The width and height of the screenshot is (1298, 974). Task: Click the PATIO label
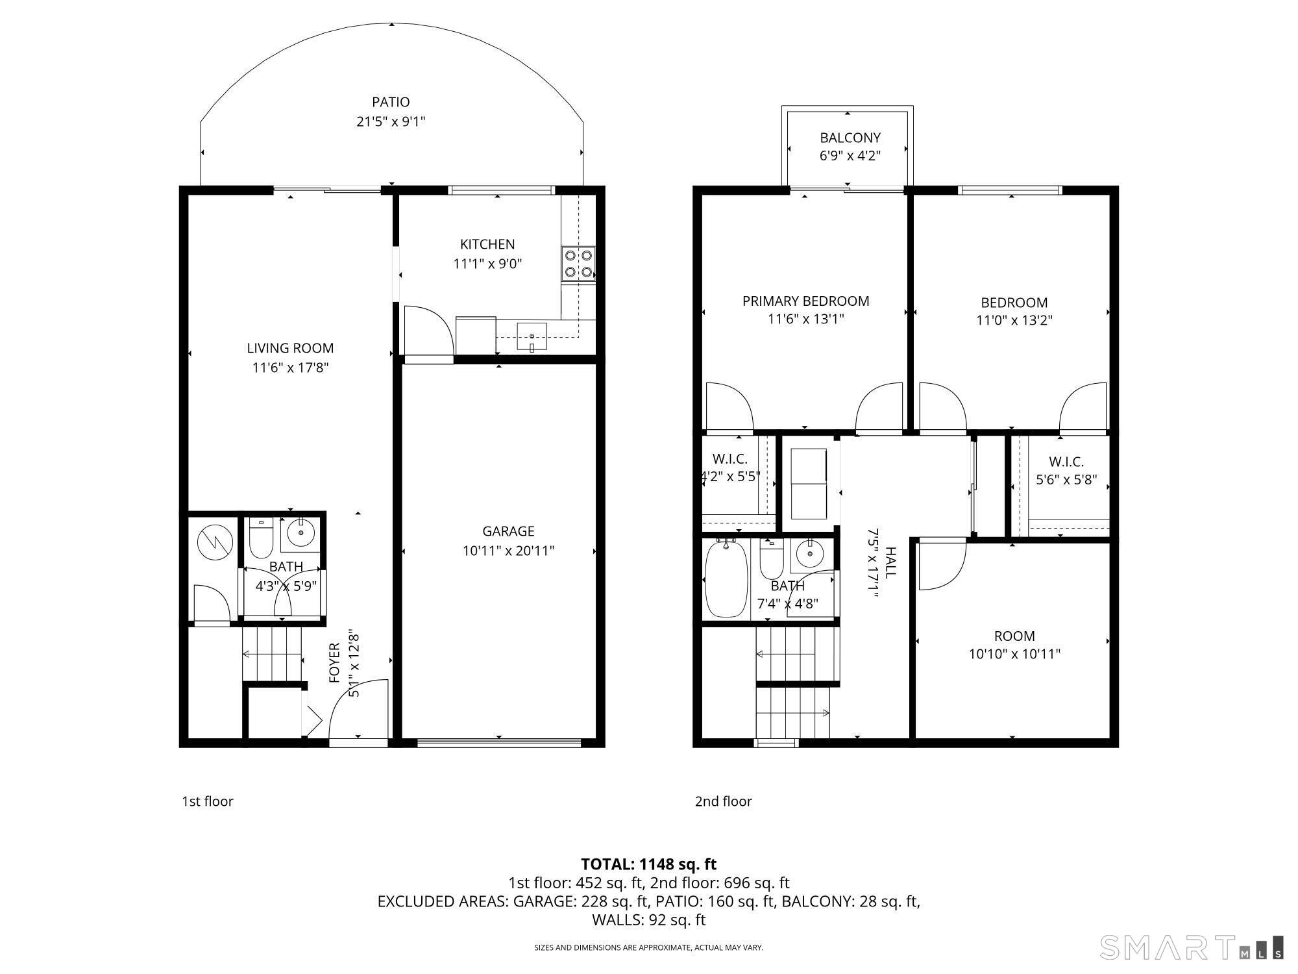pyautogui.click(x=391, y=102)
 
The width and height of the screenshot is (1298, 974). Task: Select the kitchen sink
pyautogui.click(x=532, y=336)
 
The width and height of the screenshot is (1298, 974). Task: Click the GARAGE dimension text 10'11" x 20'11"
pyautogui.click(x=508, y=551)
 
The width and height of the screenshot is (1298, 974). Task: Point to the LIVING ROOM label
pyautogui.click(x=290, y=348)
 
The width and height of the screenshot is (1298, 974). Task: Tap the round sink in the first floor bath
pyautogui.click(x=300, y=532)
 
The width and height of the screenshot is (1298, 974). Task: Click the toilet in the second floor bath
pyautogui.click(x=772, y=559)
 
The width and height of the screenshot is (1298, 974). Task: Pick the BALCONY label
pyautogui.click(x=850, y=138)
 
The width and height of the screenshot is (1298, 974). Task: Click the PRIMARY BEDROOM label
pyautogui.click(x=805, y=301)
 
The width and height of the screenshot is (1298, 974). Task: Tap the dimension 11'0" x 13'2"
pyautogui.click(x=1014, y=320)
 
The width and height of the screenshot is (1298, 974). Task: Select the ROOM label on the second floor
pyautogui.click(x=1014, y=636)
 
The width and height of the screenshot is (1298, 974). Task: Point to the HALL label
pyautogui.click(x=891, y=562)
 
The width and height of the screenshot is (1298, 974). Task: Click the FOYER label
pyautogui.click(x=334, y=663)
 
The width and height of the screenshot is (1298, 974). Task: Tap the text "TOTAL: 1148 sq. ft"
pyautogui.click(x=648, y=864)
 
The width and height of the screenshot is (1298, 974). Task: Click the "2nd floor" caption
pyautogui.click(x=724, y=801)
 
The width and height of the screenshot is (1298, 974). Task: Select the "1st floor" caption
pyautogui.click(x=208, y=801)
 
